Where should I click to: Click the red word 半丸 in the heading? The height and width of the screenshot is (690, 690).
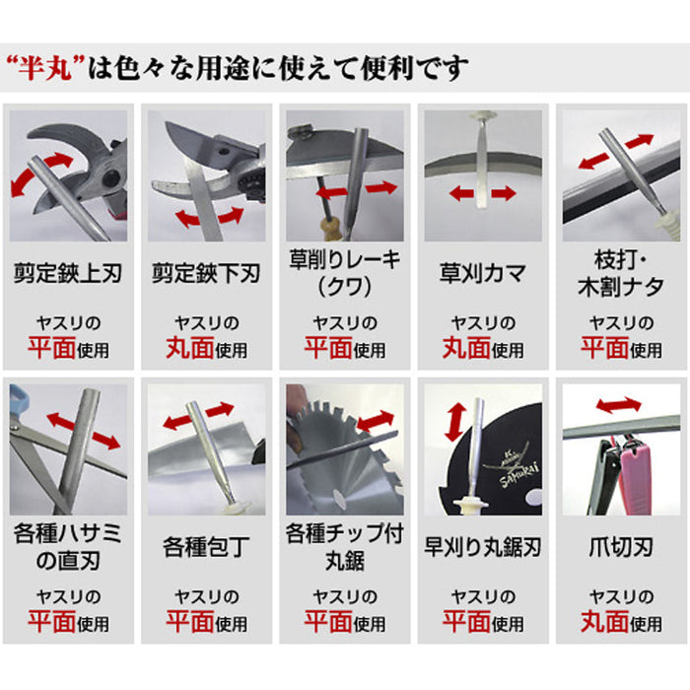(44, 69)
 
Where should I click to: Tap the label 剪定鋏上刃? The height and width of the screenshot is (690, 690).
(68, 273)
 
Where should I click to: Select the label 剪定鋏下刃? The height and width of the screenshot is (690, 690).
(206, 273)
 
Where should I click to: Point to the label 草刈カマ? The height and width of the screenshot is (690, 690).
(483, 273)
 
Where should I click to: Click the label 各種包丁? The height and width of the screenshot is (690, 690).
(206, 547)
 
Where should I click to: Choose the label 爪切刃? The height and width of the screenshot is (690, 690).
(621, 547)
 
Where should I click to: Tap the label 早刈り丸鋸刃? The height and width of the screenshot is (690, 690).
(483, 547)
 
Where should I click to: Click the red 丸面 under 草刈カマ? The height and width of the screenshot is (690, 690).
(466, 348)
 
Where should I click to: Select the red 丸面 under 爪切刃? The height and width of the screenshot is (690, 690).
(604, 622)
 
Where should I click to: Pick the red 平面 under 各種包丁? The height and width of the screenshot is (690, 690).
(190, 622)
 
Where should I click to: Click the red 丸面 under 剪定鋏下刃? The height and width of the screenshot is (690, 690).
(190, 348)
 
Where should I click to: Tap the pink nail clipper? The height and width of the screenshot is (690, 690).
(634, 475)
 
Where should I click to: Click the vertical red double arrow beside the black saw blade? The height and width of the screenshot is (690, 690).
(455, 423)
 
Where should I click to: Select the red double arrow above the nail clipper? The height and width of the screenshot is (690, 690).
(618, 405)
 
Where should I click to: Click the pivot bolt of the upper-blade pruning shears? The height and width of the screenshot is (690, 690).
(109, 177)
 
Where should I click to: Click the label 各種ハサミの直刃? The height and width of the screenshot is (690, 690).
(68, 547)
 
